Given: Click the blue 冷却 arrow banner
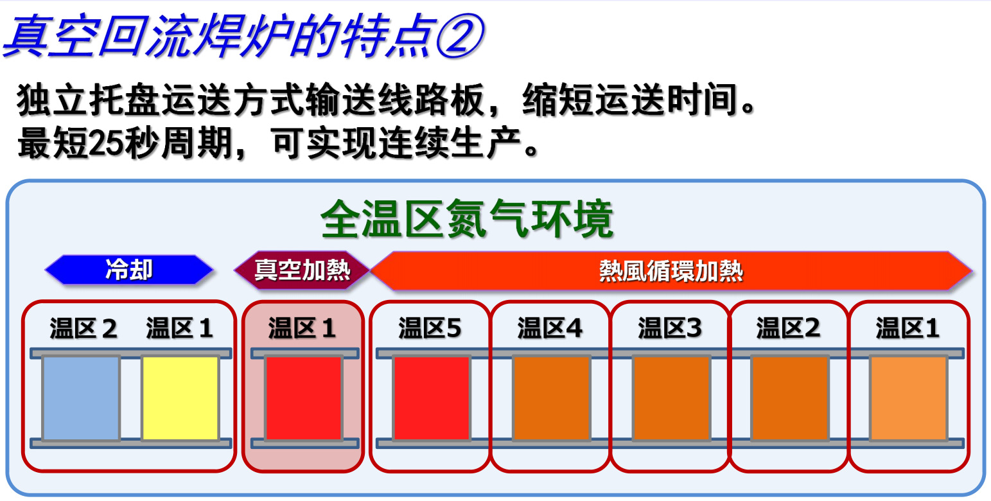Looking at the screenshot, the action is [x=128, y=270].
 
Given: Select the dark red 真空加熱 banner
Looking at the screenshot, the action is [x=302, y=270].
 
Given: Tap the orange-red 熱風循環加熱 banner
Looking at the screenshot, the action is [x=671, y=270].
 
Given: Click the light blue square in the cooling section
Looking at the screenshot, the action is [x=81, y=398].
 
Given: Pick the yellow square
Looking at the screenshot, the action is [x=180, y=398].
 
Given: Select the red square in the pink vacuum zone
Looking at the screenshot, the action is [x=304, y=398].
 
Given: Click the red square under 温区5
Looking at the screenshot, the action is [x=432, y=398].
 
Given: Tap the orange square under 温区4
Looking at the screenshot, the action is [x=552, y=398].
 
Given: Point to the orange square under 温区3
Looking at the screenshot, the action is [x=672, y=398].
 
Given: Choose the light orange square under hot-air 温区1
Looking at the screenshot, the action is [x=909, y=398].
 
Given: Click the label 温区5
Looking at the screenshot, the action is [x=430, y=328].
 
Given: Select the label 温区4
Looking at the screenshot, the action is [x=550, y=328].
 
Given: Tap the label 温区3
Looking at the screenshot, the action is [x=670, y=328].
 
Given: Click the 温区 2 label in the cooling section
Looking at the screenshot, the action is [x=83, y=328].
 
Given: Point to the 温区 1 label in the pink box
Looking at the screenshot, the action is [x=302, y=328].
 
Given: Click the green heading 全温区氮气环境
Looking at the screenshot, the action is [x=467, y=219].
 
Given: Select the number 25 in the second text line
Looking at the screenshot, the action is [x=107, y=143].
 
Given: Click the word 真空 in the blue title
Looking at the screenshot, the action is [x=51, y=35].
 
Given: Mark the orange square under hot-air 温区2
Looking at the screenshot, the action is [x=790, y=398].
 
